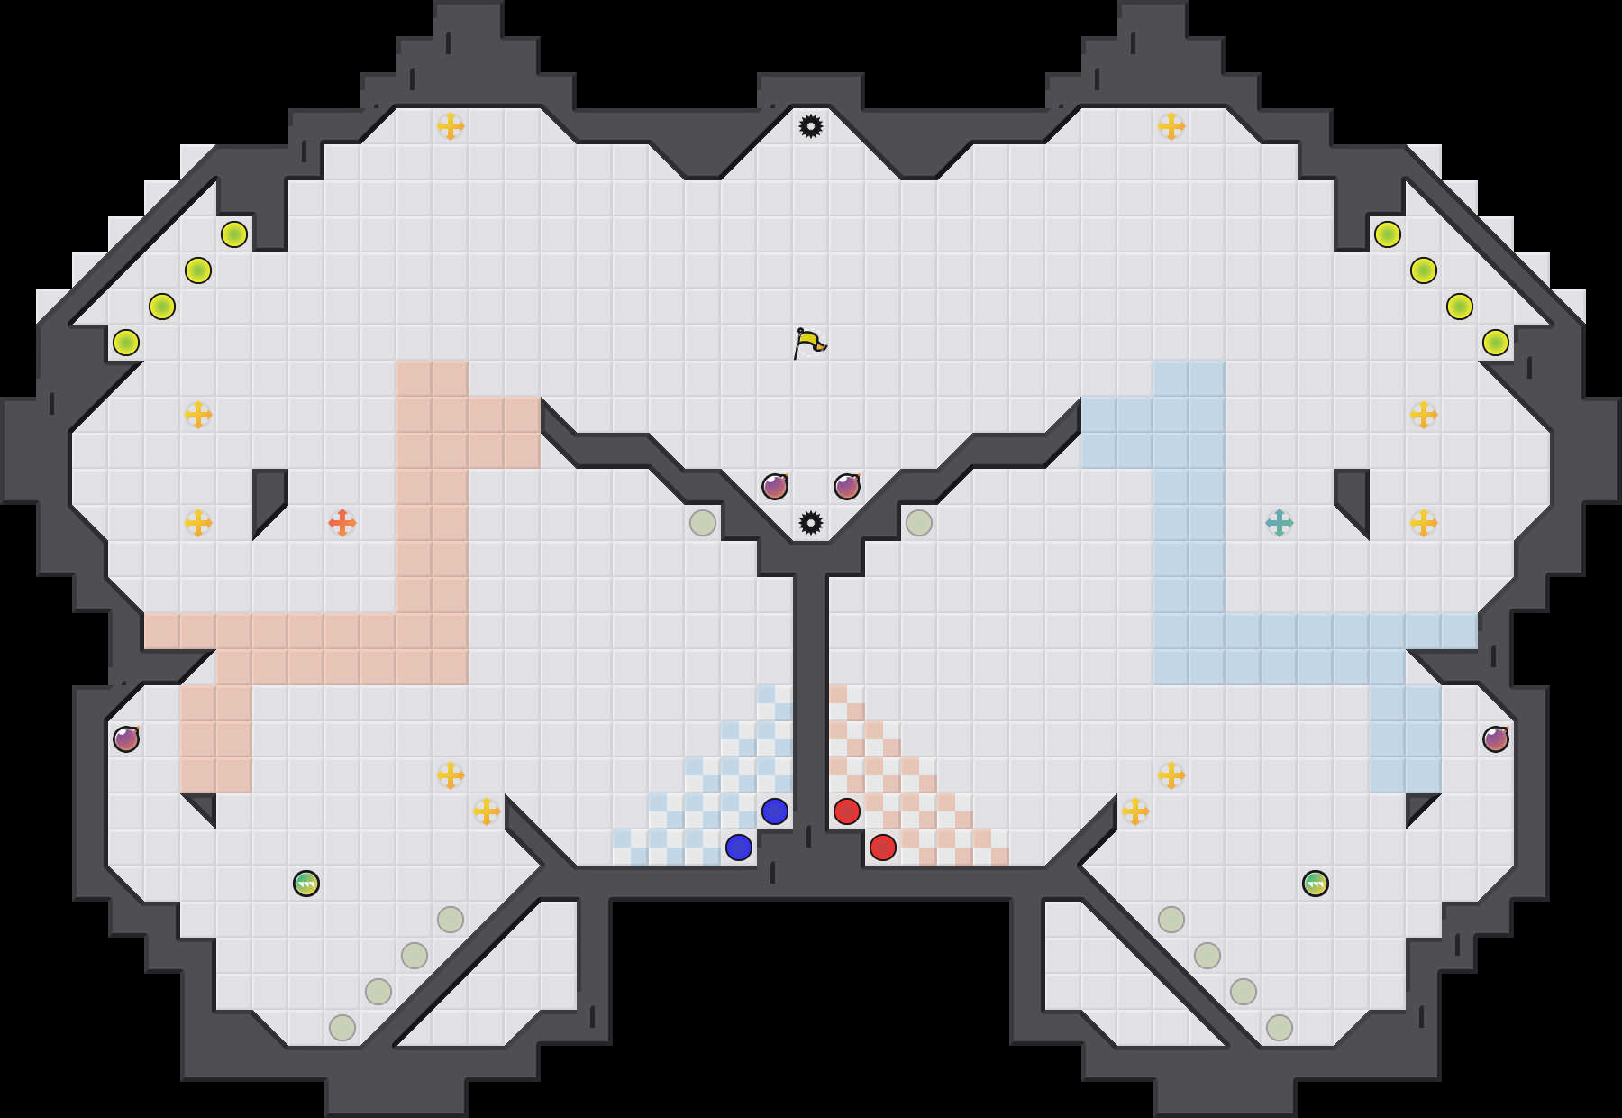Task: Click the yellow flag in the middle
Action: pos(809,343)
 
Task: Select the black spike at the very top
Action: pos(811,126)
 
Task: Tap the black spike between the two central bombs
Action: pos(811,523)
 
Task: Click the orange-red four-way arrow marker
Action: pos(342,523)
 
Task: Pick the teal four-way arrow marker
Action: pos(1280,523)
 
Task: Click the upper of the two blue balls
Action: pos(775,811)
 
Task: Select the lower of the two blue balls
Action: pos(739,848)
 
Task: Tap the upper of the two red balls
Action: pos(847,811)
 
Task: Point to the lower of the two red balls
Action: pos(883,848)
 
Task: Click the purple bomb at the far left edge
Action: pos(126,739)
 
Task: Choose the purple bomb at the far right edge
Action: pos(1496,739)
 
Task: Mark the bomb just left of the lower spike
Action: pos(775,487)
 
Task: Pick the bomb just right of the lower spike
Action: pos(847,487)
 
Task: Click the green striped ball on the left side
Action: pos(306,884)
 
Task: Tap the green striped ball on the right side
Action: pos(1316,884)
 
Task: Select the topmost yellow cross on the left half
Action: pos(451,126)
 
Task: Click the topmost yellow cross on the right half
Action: pos(1171,126)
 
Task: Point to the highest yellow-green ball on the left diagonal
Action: pos(234,234)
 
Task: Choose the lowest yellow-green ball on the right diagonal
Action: pos(1496,343)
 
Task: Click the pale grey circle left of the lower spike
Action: pos(703,523)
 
